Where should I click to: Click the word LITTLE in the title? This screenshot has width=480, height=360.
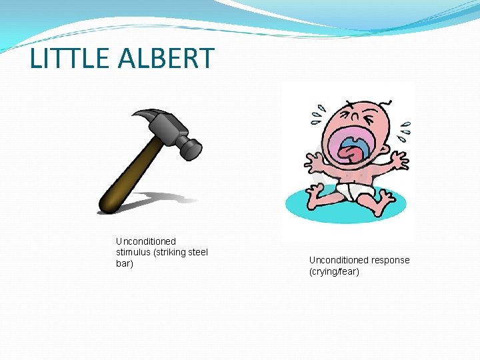tap(69, 59)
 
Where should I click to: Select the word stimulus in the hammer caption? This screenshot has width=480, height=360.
tap(135, 252)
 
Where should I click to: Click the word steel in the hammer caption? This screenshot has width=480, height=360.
tap(198, 252)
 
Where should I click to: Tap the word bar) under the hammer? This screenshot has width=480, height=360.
tap(125, 263)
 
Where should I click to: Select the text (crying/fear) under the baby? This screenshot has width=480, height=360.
tap(334, 271)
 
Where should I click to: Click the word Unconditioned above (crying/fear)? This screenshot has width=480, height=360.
tap(339, 260)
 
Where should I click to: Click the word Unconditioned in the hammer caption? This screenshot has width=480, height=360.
tap(146, 241)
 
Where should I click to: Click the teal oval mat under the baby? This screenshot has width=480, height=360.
tap(300, 207)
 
